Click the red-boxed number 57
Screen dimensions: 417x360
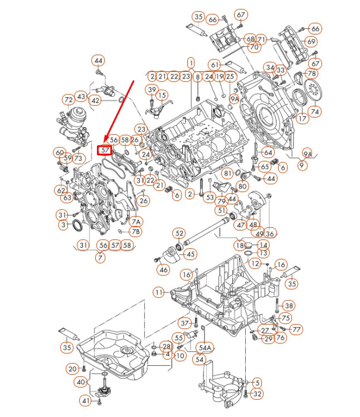pyautogui.click(x=105, y=150)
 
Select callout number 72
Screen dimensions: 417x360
pyautogui.click(x=69, y=100)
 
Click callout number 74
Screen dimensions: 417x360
pyautogui.click(x=315, y=111)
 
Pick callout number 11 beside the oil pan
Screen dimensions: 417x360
pyautogui.click(x=159, y=292)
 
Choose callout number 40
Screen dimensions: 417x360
pyautogui.click(x=81, y=382)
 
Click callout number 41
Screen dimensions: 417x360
pyautogui.click(x=85, y=400)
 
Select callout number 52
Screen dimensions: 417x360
pyautogui.click(x=179, y=233)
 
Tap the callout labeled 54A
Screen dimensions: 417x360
pyautogui.click(x=205, y=348)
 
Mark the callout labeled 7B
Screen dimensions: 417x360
pyautogui.click(x=135, y=231)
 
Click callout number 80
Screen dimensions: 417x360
pyautogui.click(x=242, y=186)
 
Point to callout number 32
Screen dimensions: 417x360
pyautogui.click(x=256, y=394)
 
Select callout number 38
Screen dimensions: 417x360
pyautogui.click(x=288, y=306)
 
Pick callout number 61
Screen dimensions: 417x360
pyautogui.click(x=215, y=65)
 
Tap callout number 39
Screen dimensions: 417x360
pyautogui.click(x=152, y=90)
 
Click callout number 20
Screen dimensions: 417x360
pyautogui.click(x=72, y=369)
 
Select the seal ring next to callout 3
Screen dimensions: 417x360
pyautogui.click(x=77, y=225)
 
